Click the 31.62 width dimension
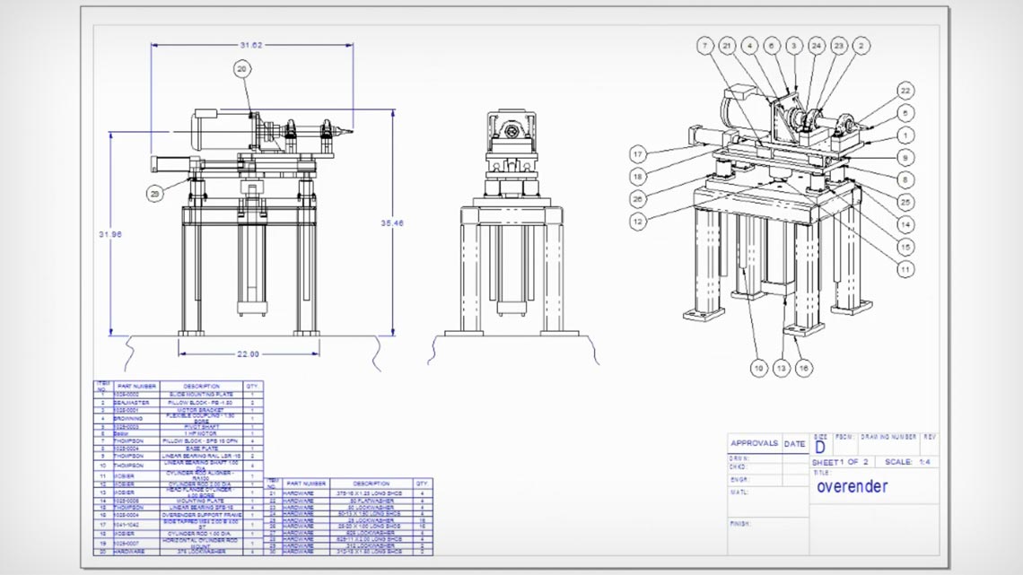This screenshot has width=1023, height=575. point(251,45)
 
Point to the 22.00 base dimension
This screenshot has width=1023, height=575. point(248,353)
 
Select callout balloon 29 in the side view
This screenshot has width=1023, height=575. point(156,193)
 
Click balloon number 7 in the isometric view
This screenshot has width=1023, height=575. point(705,45)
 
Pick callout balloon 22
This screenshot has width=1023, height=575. point(905,91)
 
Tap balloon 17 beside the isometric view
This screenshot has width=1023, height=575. point(638,152)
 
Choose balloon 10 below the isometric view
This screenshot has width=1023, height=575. point(758,367)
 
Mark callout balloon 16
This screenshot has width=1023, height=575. point(804,367)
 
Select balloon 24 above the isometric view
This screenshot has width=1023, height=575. point(816,45)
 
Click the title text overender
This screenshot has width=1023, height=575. point(852,487)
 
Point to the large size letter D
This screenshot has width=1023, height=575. point(820,446)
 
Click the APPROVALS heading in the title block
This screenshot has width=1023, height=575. point(754,443)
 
